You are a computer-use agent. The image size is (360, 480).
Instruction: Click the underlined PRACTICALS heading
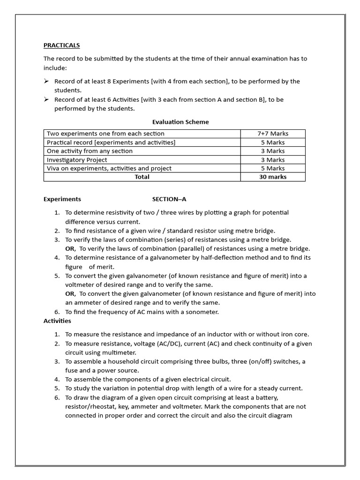[x=61, y=45]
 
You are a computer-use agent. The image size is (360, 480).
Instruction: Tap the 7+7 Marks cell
[x=273, y=134]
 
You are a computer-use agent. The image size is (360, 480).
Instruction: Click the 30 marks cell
[x=273, y=177]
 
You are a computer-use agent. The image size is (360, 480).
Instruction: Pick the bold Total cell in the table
[x=142, y=177]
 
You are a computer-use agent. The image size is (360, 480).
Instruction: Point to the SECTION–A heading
[x=169, y=199]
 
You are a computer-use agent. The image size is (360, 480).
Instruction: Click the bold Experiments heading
[x=62, y=199]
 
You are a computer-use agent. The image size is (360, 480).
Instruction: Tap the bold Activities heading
[x=57, y=321]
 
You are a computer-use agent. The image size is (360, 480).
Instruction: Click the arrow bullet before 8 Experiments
[x=46, y=81]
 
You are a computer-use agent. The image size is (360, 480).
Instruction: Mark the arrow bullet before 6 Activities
[x=46, y=99]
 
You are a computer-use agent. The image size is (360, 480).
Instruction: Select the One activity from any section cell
[x=90, y=151]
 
